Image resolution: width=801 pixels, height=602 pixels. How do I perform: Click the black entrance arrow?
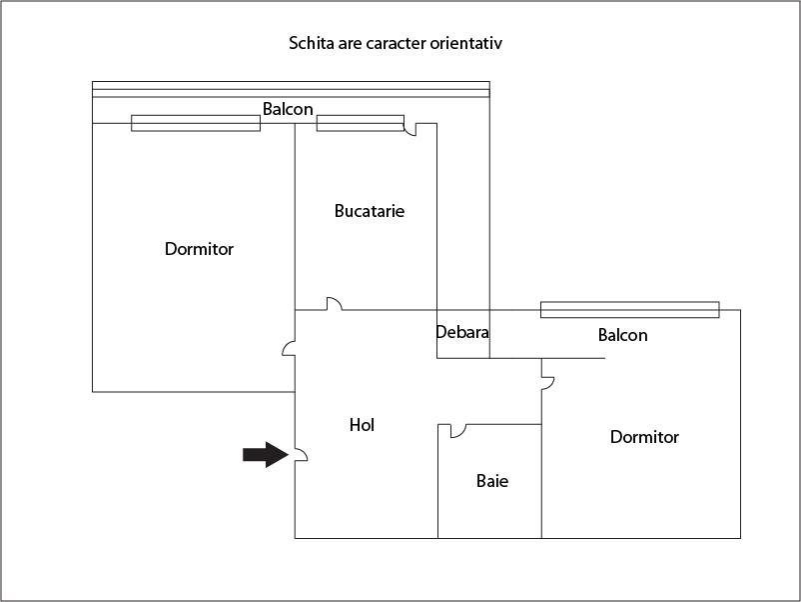point(265,454)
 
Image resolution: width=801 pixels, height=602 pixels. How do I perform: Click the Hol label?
point(362,425)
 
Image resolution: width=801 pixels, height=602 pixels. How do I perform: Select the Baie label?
point(492,481)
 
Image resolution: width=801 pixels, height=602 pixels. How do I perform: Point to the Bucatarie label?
point(370,211)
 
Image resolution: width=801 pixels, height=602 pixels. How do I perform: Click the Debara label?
point(462,332)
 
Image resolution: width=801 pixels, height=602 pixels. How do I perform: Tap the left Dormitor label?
point(199,249)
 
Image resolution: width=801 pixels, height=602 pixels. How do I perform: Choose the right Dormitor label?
point(644,437)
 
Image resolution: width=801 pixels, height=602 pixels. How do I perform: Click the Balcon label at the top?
point(288,109)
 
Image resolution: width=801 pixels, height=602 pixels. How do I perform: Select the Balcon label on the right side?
point(622,335)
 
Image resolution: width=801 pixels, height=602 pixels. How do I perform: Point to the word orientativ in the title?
point(465,43)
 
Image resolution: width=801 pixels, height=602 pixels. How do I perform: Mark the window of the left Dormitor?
point(196,123)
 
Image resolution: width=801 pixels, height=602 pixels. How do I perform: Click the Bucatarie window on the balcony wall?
point(361,123)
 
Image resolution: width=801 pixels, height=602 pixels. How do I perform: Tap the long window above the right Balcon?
point(630,310)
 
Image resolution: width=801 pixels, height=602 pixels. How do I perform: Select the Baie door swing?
point(458,431)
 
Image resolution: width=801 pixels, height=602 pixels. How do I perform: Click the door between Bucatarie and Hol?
point(335,303)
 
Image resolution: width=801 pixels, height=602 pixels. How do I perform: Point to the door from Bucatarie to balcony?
point(410,129)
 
